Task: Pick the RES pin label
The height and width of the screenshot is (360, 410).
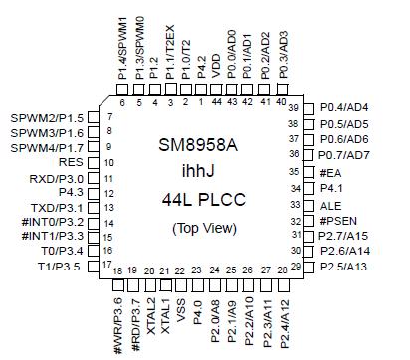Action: point(71,161)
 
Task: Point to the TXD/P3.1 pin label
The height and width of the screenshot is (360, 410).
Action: point(56,206)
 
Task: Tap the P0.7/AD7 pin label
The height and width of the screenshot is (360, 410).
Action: point(344,155)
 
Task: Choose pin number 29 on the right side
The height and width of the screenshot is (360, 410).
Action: point(295,268)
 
